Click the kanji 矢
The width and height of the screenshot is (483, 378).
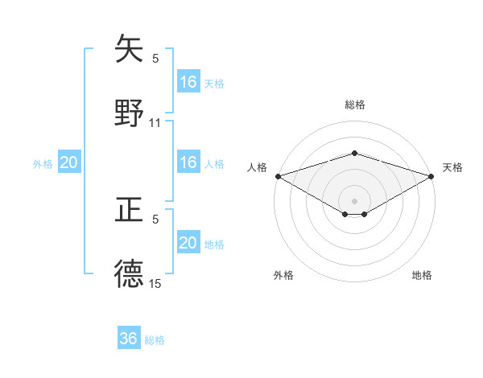(x=129, y=49)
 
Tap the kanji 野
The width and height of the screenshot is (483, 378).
(x=129, y=113)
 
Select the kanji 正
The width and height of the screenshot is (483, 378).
(x=129, y=210)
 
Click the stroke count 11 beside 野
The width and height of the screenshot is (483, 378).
(x=155, y=123)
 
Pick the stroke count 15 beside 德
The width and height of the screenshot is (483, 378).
(x=155, y=283)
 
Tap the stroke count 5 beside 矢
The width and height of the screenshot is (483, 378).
(x=155, y=58)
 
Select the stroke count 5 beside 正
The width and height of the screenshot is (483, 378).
(x=155, y=219)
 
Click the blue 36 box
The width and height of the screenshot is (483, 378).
(x=129, y=339)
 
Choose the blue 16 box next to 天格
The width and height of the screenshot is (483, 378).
(x=188, y=82)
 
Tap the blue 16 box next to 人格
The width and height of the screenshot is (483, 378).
(x=188, y=162)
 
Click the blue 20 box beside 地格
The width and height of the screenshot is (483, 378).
(x=188, y=243)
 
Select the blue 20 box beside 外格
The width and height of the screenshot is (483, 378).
(x=69, y=162)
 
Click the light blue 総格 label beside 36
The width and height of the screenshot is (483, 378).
(x=155, y=340)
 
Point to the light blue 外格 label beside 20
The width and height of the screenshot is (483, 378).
(x=43, y=163)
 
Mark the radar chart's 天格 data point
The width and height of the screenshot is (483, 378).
(x=431, y=176)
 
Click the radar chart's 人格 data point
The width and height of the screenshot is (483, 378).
(x=278, y=176)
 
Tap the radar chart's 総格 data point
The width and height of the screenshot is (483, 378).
(x=354, y=153)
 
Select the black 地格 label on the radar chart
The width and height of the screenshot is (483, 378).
(x=422, y=276)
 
